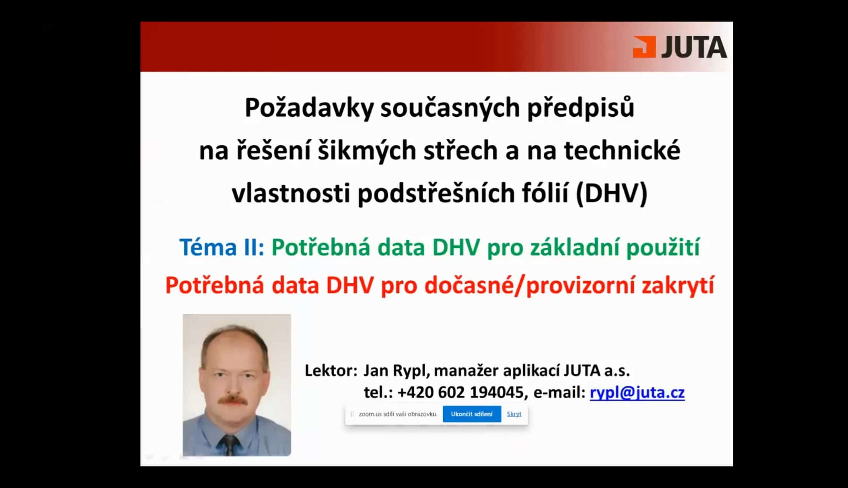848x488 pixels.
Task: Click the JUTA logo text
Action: pos(694,47)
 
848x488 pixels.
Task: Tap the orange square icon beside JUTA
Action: pos(644,47)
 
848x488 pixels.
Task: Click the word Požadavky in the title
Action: pos(309,108)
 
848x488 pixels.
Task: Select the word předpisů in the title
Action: pos(581,108)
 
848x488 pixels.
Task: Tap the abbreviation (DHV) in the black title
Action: pos(612,194)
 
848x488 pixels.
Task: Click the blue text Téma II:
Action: pos(222,247)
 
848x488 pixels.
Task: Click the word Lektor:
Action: pos(331,370)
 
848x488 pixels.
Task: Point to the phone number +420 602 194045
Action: pos(460,392)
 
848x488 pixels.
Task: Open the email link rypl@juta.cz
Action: pos(637,392)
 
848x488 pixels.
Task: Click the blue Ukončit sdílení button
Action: pos(472,414)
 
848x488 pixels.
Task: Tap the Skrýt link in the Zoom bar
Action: pos(514,414)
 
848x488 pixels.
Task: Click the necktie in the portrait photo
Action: pos(229,445)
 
